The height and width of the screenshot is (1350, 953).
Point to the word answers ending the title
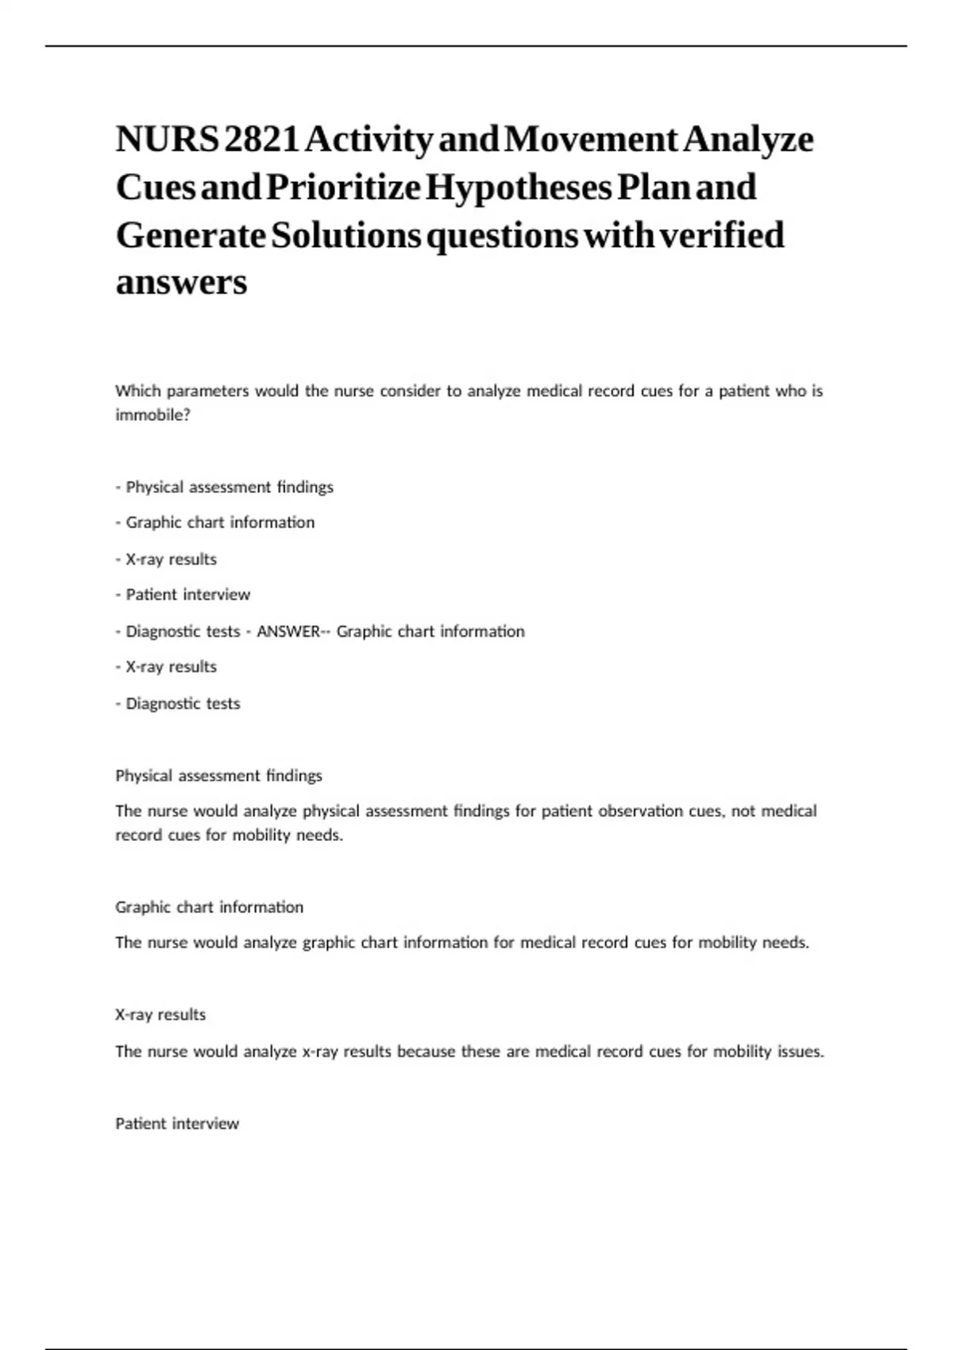(x=181, y=282)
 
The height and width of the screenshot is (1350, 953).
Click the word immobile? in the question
(x=152, y=415)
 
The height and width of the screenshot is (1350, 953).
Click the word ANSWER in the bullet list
(x=287, y=631)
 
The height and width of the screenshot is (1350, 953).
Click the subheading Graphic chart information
(x=210, y=907)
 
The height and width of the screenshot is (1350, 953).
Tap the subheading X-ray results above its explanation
(x=160, y=1015)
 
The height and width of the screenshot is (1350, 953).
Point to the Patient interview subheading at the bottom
(x=177, y=1124)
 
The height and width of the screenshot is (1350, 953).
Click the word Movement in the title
(x=591, y=140)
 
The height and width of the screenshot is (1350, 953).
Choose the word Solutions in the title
(x=345, y=235)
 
